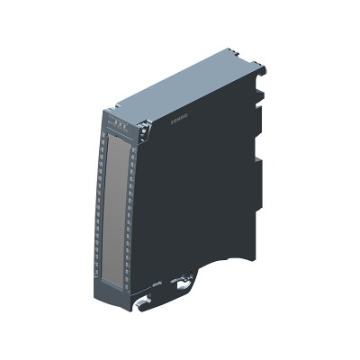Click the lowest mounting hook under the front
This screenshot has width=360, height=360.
(x=142, y=305)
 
